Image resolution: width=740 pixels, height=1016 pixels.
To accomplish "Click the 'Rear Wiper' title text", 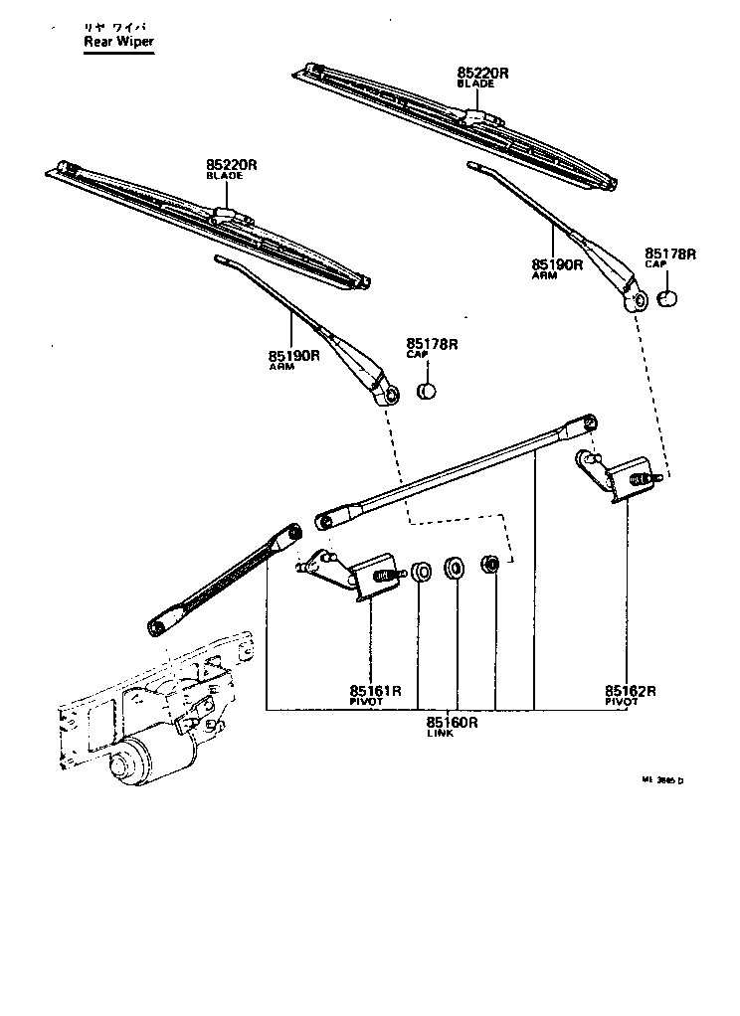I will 118,43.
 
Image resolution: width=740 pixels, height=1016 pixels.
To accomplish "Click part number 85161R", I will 375,691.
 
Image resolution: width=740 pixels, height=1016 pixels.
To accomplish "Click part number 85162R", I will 632,691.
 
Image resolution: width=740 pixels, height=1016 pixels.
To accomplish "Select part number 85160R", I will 453,723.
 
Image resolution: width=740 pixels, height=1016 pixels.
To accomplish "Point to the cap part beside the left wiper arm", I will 427,390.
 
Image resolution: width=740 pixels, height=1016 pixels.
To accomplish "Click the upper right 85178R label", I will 670,254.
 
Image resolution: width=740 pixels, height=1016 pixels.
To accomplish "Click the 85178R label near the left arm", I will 432,345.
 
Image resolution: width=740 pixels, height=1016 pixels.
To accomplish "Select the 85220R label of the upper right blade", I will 483,74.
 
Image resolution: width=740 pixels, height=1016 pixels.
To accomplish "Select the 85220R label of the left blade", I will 232,164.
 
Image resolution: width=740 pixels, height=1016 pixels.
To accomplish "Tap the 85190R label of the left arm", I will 292,355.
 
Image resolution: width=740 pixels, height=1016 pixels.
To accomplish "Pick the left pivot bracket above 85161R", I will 348,574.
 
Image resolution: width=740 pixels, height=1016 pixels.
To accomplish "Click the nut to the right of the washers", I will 489,566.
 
